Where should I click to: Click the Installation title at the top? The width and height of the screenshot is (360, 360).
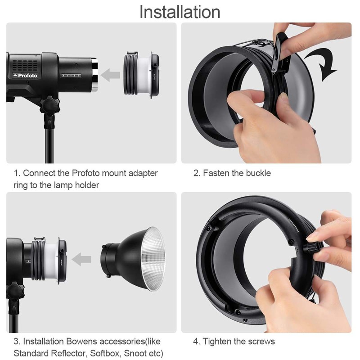coord(180,12)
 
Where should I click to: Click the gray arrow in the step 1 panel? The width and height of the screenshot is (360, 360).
coord(110,75)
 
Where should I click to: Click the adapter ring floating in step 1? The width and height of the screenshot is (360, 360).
coord(140,74)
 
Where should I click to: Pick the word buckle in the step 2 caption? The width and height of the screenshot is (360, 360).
coord(258,173)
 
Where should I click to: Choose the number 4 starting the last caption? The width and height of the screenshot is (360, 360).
coord(196,342)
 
